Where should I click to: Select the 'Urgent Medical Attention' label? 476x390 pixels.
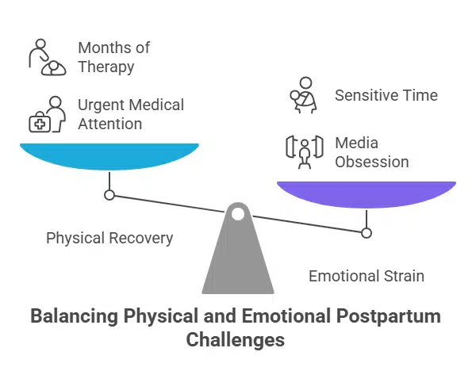pos(130,114)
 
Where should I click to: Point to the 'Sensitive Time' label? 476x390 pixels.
pos(386,95)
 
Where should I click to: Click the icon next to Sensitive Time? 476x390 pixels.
pos(305,94)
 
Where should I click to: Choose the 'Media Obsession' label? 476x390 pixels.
pos(371,152)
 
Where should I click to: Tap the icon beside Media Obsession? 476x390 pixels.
pos(305,151)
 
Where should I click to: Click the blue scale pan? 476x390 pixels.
pos(109,155)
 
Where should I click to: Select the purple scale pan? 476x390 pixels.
pos(366,193)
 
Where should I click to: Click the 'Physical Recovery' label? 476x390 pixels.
pos(109,238)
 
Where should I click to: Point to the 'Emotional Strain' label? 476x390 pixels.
pos(367,276)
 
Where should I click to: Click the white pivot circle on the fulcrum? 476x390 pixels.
pos(238,213)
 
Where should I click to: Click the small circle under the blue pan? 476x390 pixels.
pos(109,195)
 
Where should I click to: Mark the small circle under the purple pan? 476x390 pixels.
pos(367,233)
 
